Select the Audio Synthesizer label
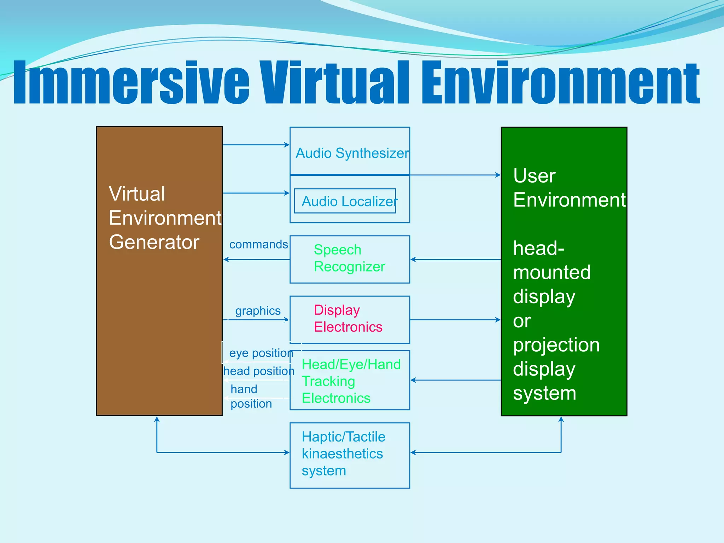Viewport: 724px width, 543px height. coord(352,153)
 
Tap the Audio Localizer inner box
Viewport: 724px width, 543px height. coord(345,201)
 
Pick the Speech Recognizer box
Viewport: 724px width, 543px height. coord(350,259)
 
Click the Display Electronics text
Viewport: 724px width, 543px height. coord(348,319)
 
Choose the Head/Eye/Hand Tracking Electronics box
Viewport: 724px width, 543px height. coord(350,380)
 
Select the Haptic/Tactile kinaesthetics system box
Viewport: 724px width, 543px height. coord(350,455)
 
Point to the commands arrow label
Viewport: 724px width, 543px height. coord(258,244)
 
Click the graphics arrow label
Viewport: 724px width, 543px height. coord(258,311)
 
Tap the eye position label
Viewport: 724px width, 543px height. coord(261,353)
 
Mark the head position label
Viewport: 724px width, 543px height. coord(259,371)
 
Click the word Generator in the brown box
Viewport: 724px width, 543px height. coord(154,242)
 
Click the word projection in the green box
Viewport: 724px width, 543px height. coord(556,345)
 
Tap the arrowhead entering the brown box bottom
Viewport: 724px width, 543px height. coord(157,420)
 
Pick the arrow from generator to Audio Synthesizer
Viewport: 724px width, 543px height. coord(256,145)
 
